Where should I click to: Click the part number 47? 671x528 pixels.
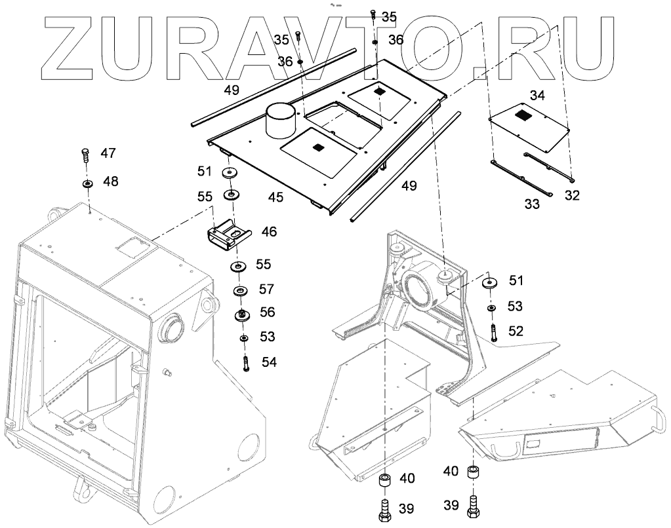(x=108, y=153)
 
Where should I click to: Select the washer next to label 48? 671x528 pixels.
(x=87, y=183)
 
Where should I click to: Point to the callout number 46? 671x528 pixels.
(x=269, y=231)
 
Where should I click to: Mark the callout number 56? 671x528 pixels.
(x=267, y=312)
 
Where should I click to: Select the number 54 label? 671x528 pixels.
(x=270, y=362)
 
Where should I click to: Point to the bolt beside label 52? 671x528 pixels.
(x=492, y=330)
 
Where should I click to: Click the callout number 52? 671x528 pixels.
(x=516, y=331)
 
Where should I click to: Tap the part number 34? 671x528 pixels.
(x=537, y=96)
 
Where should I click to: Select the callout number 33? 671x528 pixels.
(x=532, y=204)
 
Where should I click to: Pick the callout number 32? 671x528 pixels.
(x=572, y=195)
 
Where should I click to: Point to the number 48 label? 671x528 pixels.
(x=110, y=181)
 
